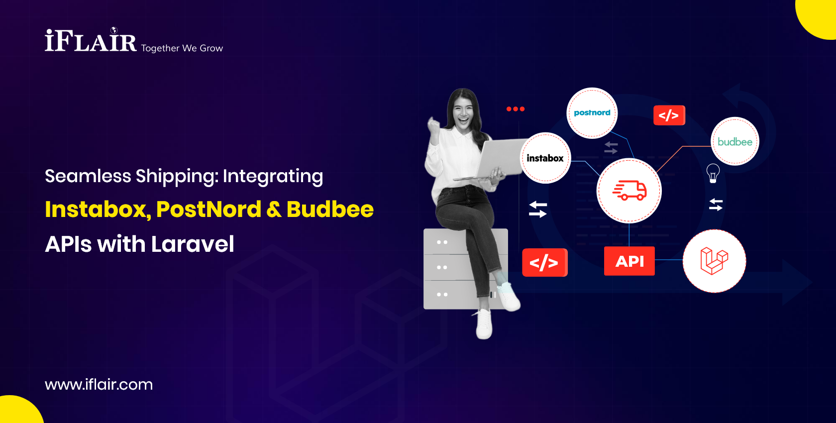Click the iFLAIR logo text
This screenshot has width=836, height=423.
tap(91, 41)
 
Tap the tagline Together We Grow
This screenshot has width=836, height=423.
tap(182, 48)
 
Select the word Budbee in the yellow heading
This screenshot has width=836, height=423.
tap(330, 210)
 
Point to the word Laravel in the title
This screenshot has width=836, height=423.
tap(193, 244)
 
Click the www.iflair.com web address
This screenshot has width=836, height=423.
tap(99, 384)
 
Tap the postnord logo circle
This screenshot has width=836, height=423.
tap(592, 113)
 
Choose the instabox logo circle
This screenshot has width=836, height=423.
tap(545, 158)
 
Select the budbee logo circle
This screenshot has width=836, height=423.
tap(734, 142)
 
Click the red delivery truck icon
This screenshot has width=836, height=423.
tap(629, 191)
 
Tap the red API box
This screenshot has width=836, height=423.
tap(629, 261)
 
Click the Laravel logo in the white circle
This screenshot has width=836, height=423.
tap(714, 261)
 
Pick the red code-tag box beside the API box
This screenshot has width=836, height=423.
tap(544, 262)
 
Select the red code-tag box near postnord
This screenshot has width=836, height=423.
tap(669, 115)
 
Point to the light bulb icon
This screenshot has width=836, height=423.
tap(713, 173)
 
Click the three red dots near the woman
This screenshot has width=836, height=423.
tap(515, 109)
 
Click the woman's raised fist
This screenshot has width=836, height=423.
tap(434, 125)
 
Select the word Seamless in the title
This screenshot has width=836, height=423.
tap(88, 176)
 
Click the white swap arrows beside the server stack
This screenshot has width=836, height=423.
tap(537, 209)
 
